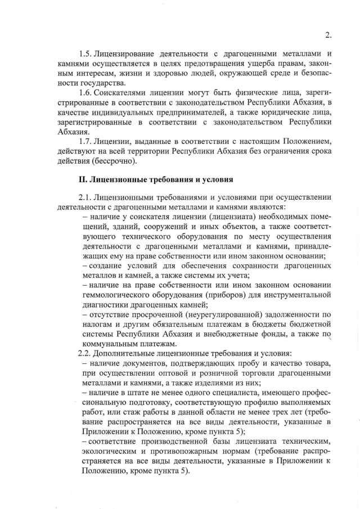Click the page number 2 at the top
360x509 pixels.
327,33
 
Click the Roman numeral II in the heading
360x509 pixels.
81,179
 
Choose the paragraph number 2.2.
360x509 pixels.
85,354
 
